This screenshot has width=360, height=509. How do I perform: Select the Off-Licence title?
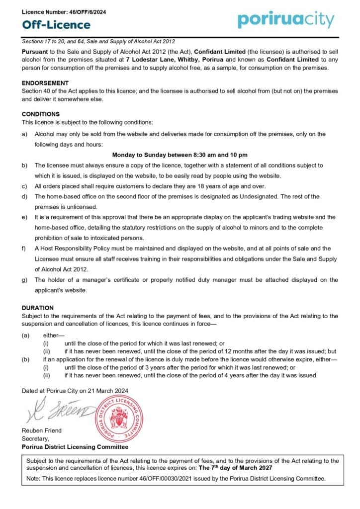[x=52, y=25]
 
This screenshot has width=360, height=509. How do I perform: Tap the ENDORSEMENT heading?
[x=45, y=83]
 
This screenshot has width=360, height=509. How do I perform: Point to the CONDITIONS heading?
[x=41, y=114]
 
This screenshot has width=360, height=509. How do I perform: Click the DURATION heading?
[x=38, y=308]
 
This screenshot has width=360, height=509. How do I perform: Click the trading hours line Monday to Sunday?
[x=180, y=155]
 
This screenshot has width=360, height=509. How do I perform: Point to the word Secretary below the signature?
[x=35, y=438]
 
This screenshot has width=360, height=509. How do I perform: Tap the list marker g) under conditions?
[x=24, y=280]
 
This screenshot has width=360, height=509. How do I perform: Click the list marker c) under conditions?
[x=24, y=186]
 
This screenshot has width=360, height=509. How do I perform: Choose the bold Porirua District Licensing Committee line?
[x=75, y=447]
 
